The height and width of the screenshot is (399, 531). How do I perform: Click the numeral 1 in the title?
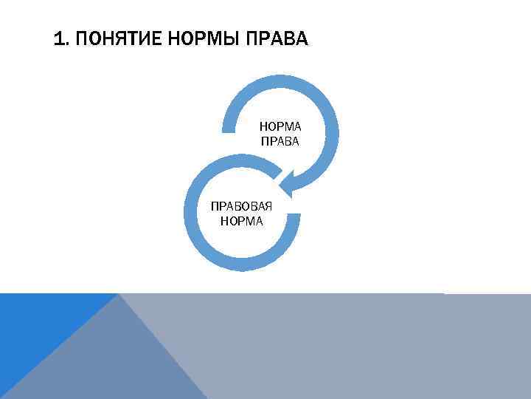[x=58, y=38]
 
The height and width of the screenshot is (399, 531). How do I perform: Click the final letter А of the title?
[x=301, y=38]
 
